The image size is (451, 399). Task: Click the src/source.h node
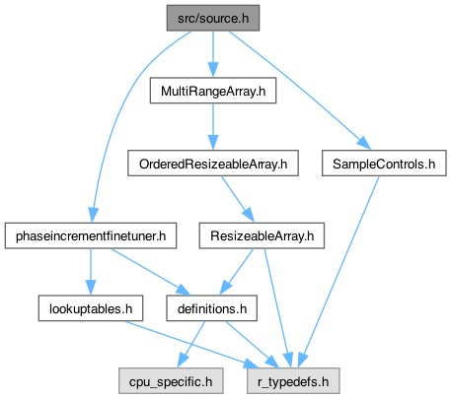[213, 18]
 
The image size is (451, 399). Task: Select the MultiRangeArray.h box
[213, 91]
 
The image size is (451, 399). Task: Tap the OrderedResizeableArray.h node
[213, 164]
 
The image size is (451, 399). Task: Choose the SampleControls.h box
[384, 164]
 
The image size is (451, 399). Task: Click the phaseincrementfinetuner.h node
[91, 235]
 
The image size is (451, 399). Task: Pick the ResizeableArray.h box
[262, 235]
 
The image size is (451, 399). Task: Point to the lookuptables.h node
[91, 308]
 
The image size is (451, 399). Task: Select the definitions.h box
[211, 308]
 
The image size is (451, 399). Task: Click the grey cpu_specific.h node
[171, 381]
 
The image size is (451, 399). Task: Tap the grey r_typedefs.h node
[293, 381]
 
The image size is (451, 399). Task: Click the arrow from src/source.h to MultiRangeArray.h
[213, 54]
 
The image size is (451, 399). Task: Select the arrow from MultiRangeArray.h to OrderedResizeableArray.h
[213, 127]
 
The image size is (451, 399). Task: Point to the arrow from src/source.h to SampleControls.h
[299, 91]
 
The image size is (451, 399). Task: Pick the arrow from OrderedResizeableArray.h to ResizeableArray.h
[238, 199]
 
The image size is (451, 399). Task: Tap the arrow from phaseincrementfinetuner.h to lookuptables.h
[91, 272]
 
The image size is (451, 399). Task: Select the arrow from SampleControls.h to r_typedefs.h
[338, 272]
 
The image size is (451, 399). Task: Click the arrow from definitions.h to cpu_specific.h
[191, 345]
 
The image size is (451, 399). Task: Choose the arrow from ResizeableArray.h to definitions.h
[237, 272]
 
